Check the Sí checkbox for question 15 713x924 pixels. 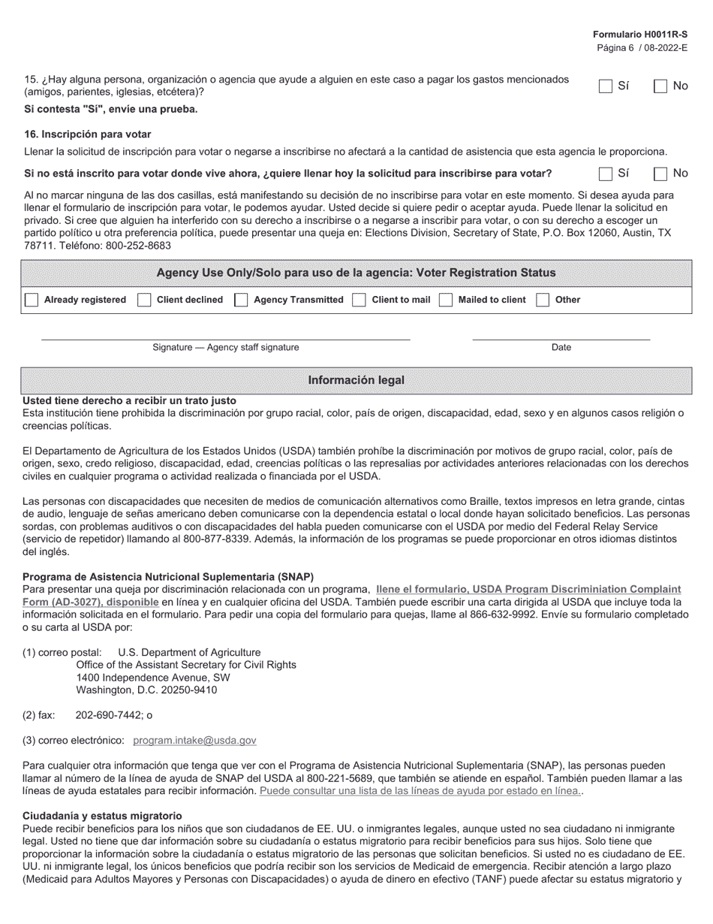coord(606,86)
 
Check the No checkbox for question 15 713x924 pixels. coord(660,86)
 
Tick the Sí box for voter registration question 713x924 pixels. coord(606,174)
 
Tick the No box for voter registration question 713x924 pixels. coord(660,174)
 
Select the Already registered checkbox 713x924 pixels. coord(32,300)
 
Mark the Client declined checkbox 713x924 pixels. coord(144,300)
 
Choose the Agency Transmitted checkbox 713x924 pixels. coord(241,300)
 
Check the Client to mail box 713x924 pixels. coord(360,300)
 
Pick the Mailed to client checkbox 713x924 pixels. coord(446,300)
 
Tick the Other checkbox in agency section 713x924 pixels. coord(543,300)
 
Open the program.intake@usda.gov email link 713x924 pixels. coord(194,741)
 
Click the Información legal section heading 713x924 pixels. coord(356,380)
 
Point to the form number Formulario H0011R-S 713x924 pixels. coord(639,35)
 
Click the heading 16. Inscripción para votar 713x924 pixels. coord(87,134)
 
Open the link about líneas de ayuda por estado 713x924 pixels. coord(420,791)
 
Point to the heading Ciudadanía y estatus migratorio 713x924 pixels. coord(102,816)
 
